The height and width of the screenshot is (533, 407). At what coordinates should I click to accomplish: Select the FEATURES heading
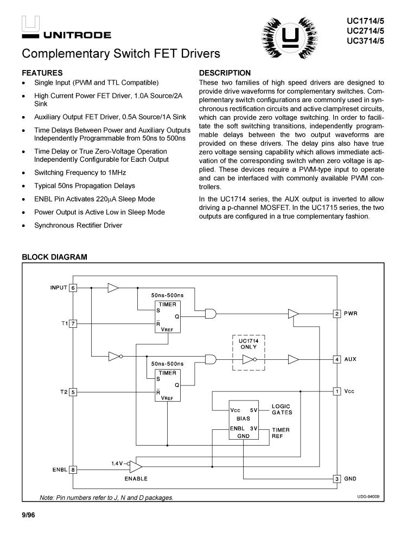point(42,73)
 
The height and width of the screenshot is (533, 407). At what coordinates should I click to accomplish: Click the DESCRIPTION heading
point(225,73)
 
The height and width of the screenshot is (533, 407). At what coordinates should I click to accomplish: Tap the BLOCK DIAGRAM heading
point(54,257)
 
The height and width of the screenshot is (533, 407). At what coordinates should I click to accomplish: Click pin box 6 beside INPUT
point(73,288)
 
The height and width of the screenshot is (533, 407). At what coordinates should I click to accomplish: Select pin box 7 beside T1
point(73,323)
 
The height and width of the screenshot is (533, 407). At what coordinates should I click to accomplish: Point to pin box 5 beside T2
point(73,391)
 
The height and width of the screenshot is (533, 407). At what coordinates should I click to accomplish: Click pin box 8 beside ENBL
point(73,469)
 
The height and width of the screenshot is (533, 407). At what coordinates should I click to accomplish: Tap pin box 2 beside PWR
point(337,314)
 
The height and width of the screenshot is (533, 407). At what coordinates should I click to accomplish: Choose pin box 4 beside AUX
point(337,359)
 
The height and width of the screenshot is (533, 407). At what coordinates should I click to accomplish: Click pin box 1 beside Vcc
point(337,391)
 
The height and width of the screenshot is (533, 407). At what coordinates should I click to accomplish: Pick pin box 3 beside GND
point(337,479)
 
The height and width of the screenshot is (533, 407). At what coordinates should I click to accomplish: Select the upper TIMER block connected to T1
point(167,316)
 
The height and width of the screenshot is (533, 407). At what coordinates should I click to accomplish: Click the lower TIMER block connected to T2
point(167,385)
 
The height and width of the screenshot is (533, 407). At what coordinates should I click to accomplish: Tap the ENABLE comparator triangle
point(136,467)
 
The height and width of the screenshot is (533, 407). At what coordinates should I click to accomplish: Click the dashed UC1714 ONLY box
point(249,352)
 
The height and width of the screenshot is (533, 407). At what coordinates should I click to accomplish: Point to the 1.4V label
point(117,463)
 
